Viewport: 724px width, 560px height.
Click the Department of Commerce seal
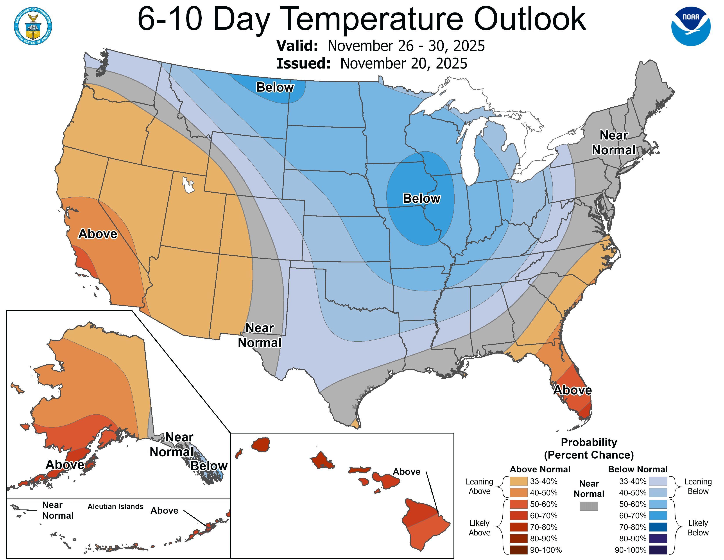(x=33, y=26)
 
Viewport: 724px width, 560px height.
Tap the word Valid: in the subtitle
(x=297, y=46)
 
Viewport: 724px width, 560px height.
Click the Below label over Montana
(x=275, y=87)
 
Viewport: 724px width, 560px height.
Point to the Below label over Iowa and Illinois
(x=421, y=198)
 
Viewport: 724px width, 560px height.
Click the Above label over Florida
(x=572, y=390)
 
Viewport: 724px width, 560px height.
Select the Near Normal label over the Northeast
(x=614, y=143)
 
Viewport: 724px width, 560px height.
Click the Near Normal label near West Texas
(x=260, y=335)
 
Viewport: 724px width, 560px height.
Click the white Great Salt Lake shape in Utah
(x=188, y=185)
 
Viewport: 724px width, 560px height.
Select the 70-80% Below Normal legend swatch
(x=658, y=527)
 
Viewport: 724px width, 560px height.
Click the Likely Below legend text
(x=698, y=528)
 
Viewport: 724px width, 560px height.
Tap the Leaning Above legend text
(x=479, y=486)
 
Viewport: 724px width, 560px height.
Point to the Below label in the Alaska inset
(x=209, y=466)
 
